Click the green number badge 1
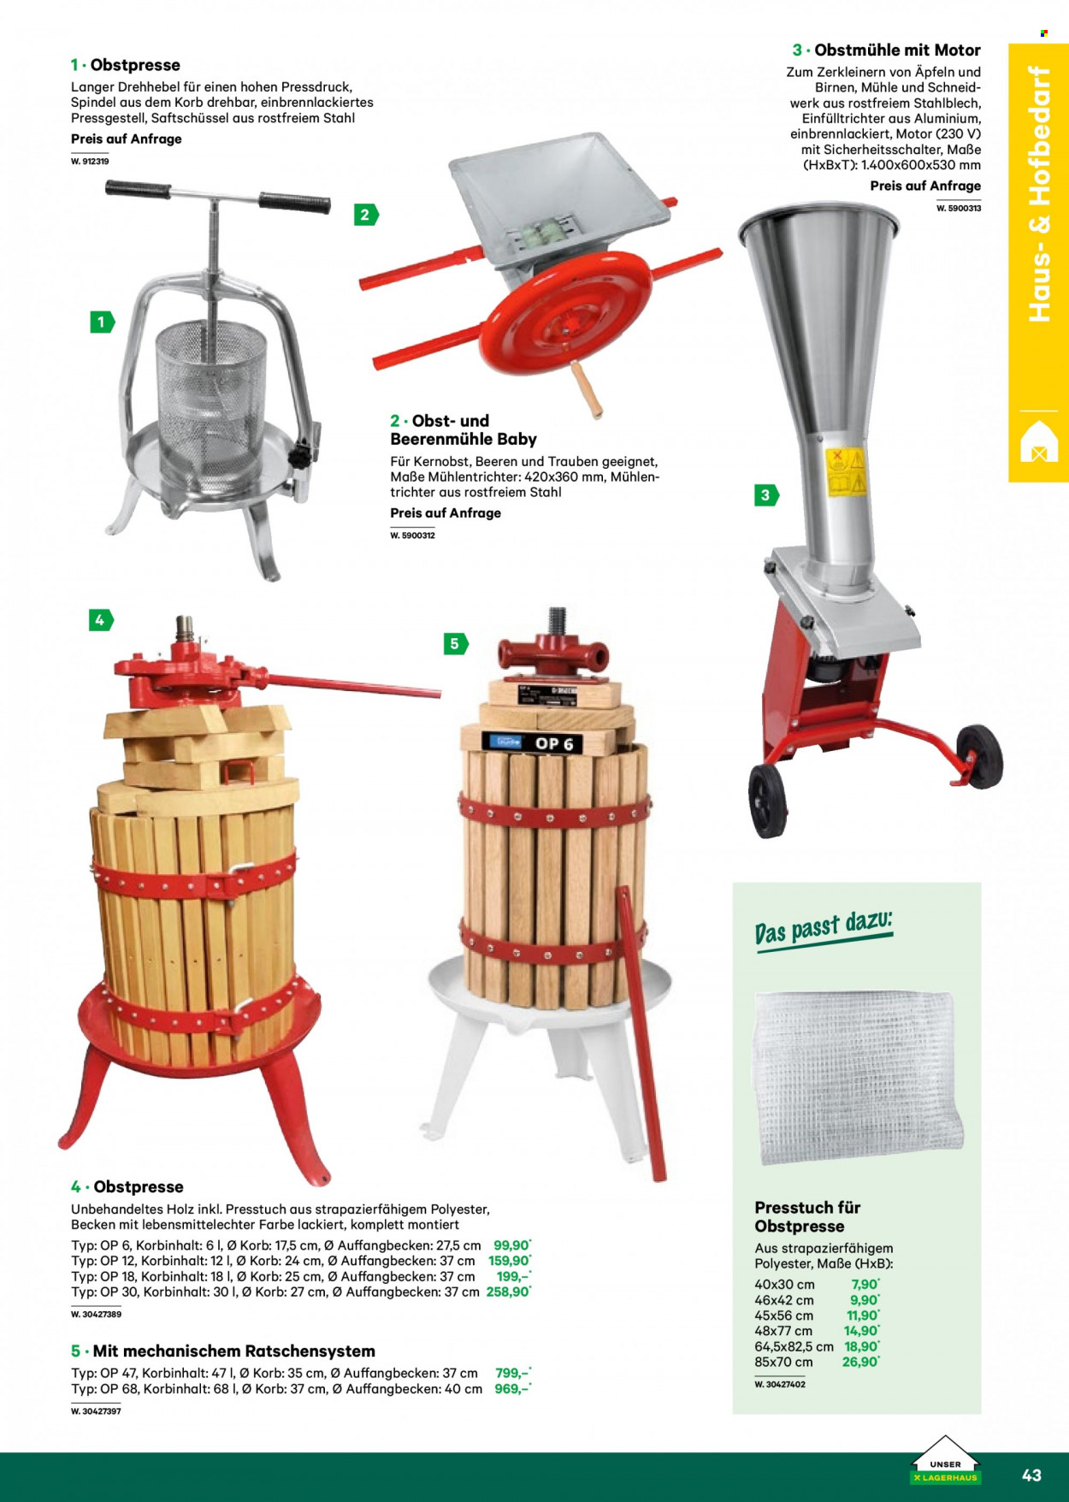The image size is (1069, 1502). [102, 322]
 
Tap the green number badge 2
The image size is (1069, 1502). [366, 215]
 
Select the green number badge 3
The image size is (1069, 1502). [766, 495]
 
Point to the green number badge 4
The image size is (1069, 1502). [101, 620]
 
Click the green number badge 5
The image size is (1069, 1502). [456, 644]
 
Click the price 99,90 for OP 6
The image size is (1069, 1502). [511, 1245]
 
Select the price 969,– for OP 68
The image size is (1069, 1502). [512, 1389]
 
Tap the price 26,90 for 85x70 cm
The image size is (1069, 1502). [860, 1362]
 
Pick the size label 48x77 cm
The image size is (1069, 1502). [783, 1331]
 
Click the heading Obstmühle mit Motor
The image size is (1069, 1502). [897, 50]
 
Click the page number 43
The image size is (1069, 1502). [1031, 1475]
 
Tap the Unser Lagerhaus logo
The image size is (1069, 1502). [945, 1461]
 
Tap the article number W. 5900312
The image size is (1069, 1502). [412, 535]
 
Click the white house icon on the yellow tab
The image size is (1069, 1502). [1039, 441]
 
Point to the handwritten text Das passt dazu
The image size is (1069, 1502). [824, 927]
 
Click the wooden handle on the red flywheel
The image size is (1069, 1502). [588, 389]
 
